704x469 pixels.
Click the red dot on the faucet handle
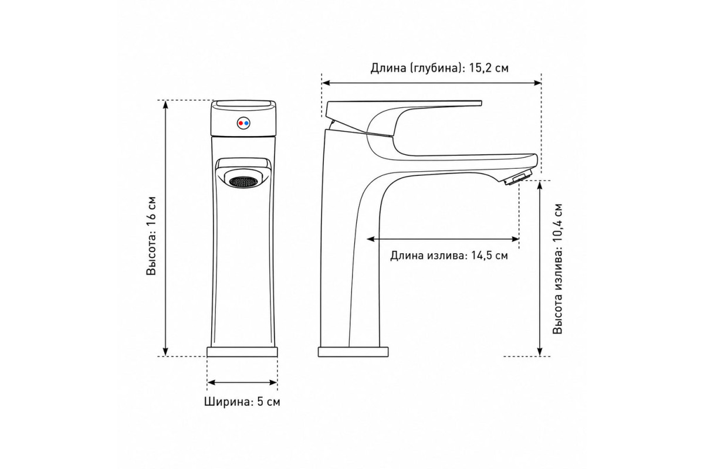click(x=241, y=123)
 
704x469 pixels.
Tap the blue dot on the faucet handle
click(x=246, y=123)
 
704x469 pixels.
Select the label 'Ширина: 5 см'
click(x=242, y=402)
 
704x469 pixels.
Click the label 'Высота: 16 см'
click(x=151, y=236)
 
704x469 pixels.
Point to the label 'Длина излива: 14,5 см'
click(x=449, y=256)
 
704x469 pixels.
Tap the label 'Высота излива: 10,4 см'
click(x=557, y=269)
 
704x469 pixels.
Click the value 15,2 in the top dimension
click(x=480, y=68)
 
